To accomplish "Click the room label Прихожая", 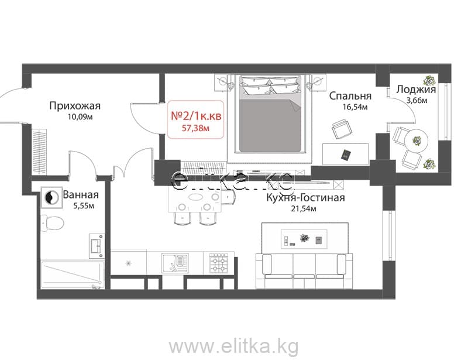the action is click(75, 106).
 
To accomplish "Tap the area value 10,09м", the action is click(80, 117).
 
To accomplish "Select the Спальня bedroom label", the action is click(350, 96).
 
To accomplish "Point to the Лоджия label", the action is click(416, 90).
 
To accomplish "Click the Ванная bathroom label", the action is click(81, 195).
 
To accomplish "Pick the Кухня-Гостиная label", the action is click(305, 197).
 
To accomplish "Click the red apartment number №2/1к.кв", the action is click(196, 116).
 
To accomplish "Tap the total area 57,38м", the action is click(195, 128).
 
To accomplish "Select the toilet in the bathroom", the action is click(52, 223).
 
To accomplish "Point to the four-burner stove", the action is click(219, 263).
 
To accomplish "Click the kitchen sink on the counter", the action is click(175, 263).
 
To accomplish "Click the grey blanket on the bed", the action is click(270, 124).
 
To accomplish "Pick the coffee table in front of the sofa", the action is click(304, 239).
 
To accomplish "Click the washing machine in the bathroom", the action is click(51, 197).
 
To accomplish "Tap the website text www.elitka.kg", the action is click(233, 347).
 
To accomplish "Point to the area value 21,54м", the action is click(304, 209).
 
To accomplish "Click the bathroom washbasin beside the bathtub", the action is click(97, 246).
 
